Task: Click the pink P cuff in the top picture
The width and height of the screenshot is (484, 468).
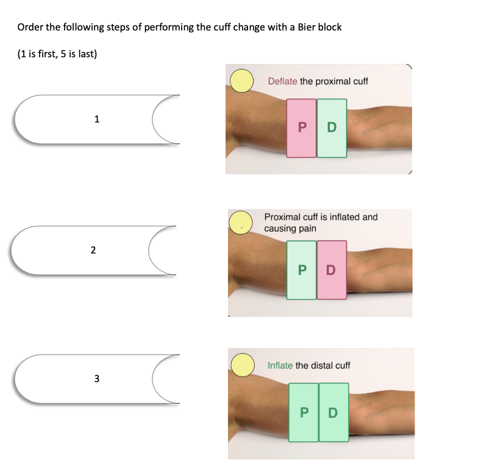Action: point(301,128)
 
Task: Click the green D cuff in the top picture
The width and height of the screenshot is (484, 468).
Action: point(332,128)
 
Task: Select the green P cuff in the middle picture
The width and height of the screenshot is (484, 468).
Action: point(302,270)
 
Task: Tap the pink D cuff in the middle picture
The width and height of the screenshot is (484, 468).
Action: point(332,270)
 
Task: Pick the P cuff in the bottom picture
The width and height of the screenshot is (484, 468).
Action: point(304,413)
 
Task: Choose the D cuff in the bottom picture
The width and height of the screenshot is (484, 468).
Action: point(333,413)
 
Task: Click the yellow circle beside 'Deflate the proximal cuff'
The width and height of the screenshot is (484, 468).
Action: point(241,81)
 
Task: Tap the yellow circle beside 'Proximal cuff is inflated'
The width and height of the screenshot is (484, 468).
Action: point(241,222)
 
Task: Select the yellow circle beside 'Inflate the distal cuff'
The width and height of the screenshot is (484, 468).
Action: point(243,365)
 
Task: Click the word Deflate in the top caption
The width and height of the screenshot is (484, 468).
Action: point(282,82)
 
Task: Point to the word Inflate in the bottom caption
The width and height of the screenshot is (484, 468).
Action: point(280,366)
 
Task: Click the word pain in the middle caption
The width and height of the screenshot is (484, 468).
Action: point(307,229)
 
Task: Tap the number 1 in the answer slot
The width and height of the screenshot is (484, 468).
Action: point(97,119)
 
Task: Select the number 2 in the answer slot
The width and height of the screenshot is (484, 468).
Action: point(93,250)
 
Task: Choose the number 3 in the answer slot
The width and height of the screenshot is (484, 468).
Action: point(97,378)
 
